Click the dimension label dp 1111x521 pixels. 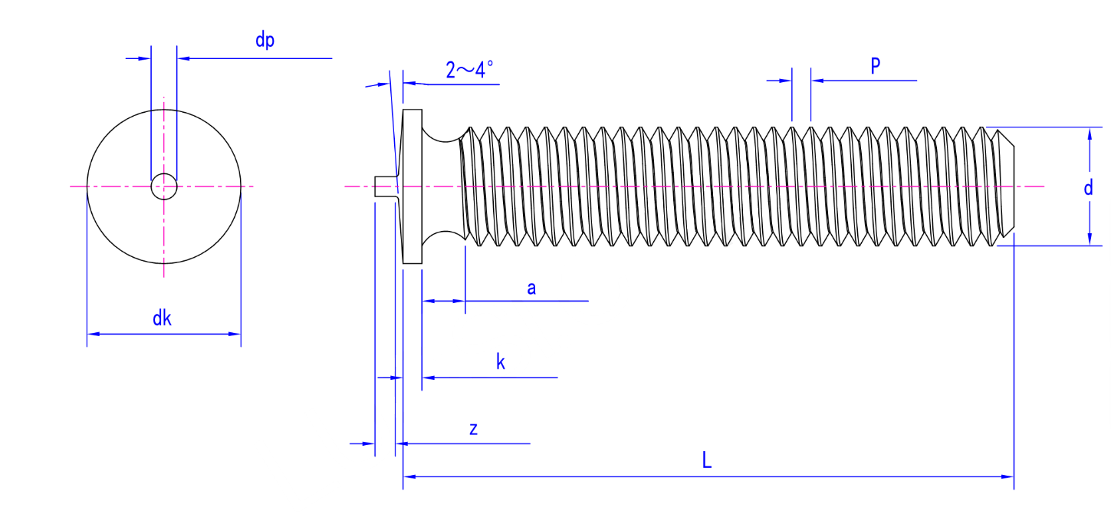[x=265, y=41]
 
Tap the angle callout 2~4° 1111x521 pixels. [x=469, y=71]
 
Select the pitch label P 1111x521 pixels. [x=875, y=66]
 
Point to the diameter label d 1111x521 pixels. [x=1088, y=187]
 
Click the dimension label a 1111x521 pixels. [x=531, y=289]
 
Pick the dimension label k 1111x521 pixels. [x=501, y=362]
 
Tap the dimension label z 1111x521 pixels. [x=474, y=429]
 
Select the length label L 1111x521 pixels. [x=707, y=461]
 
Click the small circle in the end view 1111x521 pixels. [x=163, y=186]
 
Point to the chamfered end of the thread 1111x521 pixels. [x=1004, y=186]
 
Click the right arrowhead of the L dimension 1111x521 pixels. [x=1008, y=476]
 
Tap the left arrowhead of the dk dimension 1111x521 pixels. [x=92, y=334]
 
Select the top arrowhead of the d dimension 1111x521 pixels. [x=1090, y=133]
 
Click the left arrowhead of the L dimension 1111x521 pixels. [x=409, y=476]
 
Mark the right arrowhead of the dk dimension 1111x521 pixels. [x=235, y=334]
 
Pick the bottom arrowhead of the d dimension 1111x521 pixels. [x=1090, y=240]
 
